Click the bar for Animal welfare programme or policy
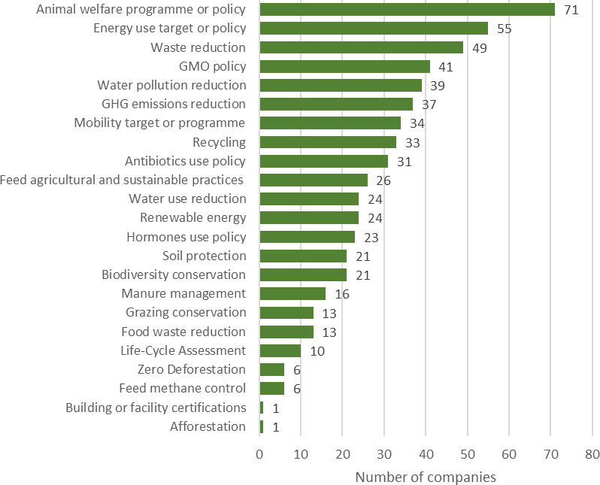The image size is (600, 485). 407,10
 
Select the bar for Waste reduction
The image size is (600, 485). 361,47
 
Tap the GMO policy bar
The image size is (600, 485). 344,66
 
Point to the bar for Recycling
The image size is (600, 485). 328,142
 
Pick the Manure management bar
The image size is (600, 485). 292,293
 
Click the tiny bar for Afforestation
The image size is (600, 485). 262,426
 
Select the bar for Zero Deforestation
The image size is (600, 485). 271,369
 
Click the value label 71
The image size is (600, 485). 571,10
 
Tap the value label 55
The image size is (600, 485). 505,29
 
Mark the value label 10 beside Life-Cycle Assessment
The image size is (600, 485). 317,350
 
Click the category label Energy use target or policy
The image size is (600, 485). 169,29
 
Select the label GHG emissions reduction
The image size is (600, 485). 173,104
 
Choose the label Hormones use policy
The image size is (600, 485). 186,237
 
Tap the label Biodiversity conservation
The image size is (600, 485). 174,274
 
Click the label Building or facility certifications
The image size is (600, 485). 156,408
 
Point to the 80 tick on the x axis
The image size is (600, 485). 592,454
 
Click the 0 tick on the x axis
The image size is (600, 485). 259,454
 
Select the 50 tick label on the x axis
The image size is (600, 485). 467,454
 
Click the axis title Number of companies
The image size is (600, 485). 426,477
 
